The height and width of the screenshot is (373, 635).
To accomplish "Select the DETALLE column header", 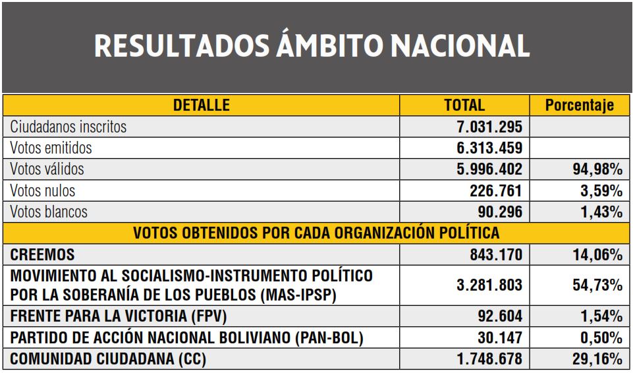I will click(x=201, y=105).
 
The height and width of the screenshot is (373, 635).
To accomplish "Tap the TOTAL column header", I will click(x=464, y=105).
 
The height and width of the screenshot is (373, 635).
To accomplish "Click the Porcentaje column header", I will click(x=580, y=105).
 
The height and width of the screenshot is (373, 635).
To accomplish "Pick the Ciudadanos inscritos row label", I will click(x=69, y=126).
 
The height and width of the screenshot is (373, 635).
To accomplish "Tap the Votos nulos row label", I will click(x=43, y=191).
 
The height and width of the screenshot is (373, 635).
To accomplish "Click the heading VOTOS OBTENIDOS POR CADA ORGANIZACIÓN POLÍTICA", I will click(x=316, y=233).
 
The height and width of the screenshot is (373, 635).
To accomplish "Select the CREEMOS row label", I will click(x=43, y=254).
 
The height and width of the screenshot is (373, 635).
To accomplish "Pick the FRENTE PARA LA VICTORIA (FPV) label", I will click(x=119, y=317).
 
